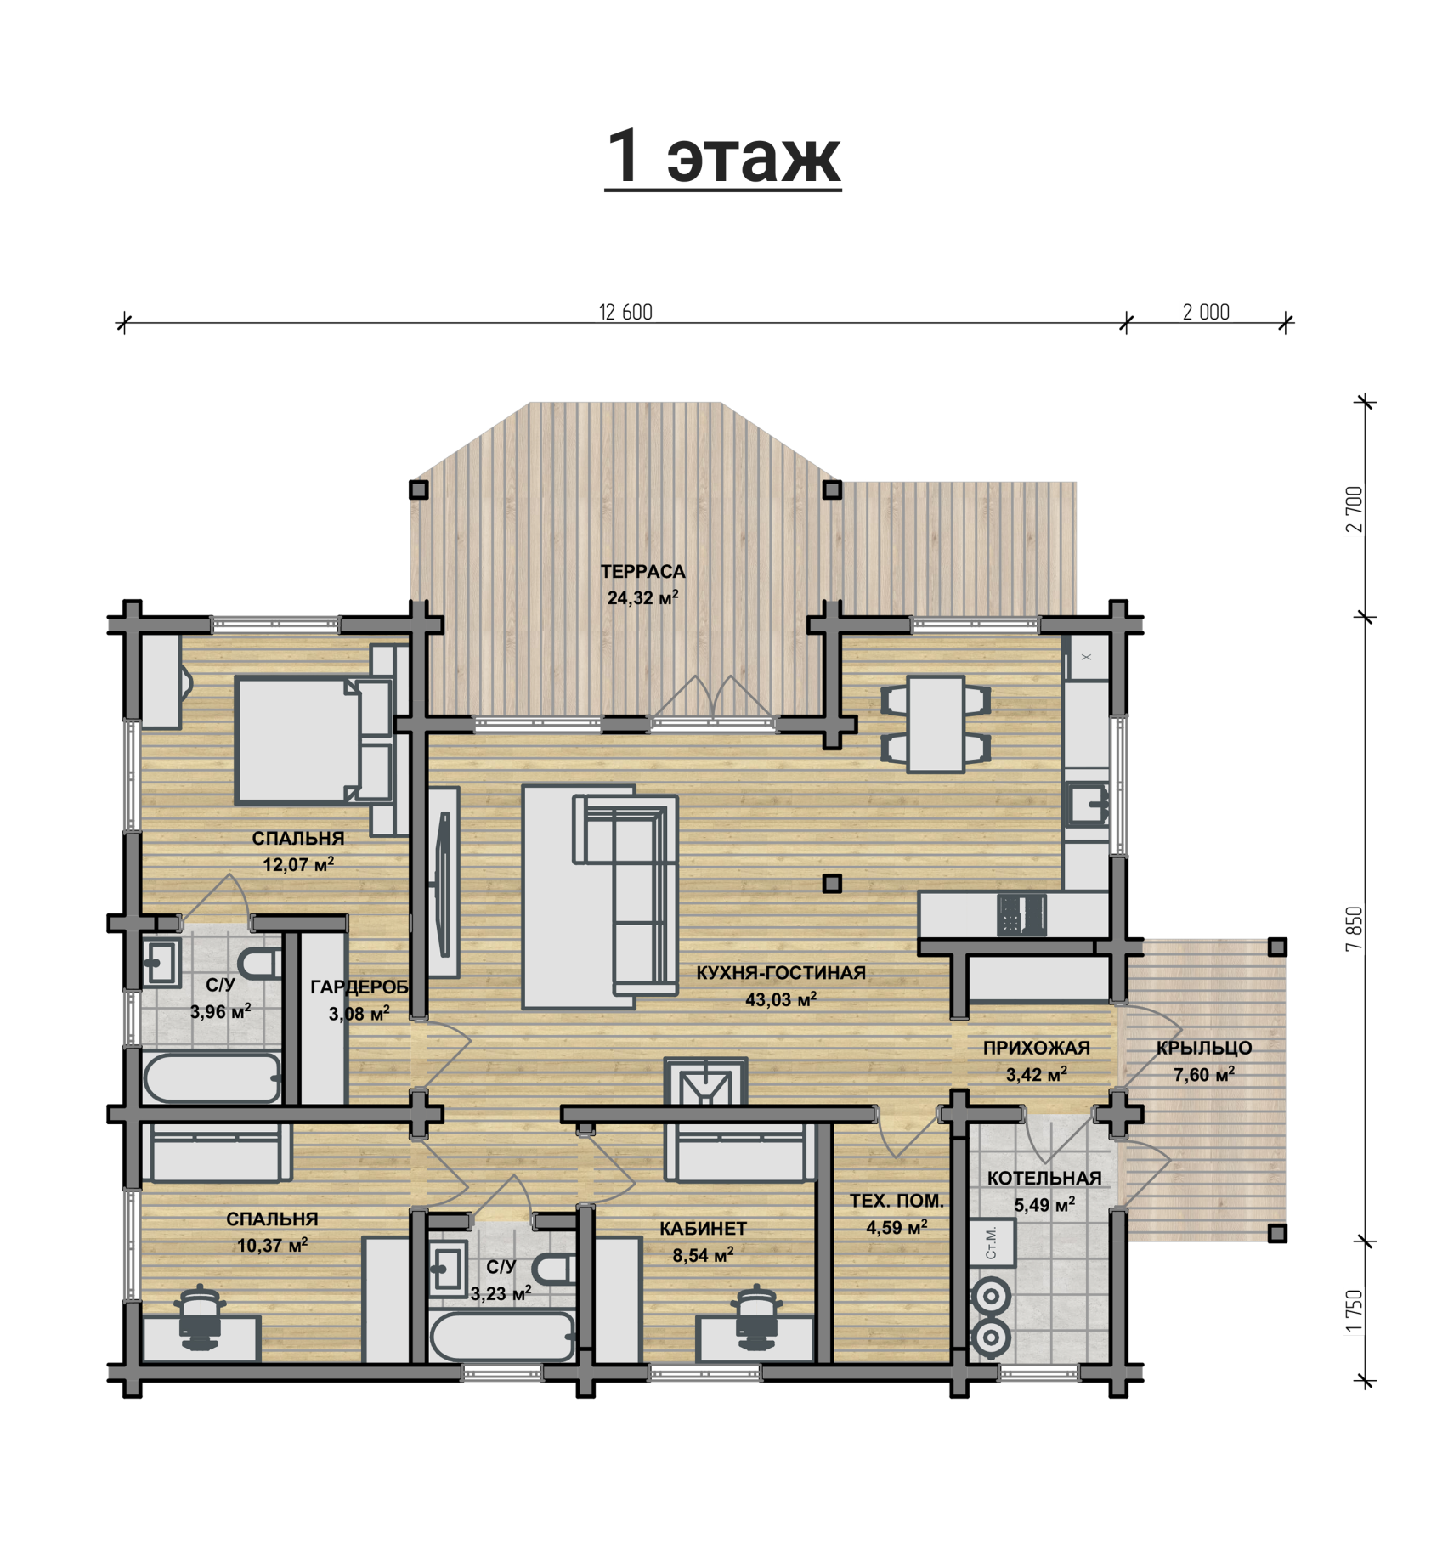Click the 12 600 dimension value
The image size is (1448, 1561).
[x=625, y=313]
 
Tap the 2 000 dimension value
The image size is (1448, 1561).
[x=1206, y=313]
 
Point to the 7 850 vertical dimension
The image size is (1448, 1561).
[x=1355, y=929]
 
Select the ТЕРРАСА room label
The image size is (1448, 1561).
[x=642, y=572]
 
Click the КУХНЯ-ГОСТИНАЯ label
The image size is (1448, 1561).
[x=781, y=973]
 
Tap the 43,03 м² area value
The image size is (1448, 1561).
[x=781, y=1000]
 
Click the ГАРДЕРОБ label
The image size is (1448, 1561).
[x=359, y=987]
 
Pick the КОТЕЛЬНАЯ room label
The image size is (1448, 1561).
[x=1044, y=1179]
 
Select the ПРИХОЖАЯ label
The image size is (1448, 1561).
[x=1037, y=1049]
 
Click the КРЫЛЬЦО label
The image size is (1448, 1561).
[x=1204, y=1049]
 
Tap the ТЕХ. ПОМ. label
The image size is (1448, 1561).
[x=897, y=1202]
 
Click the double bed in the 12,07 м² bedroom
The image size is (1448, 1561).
[x=297, y=740]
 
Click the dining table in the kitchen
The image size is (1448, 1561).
[x=936, y=724]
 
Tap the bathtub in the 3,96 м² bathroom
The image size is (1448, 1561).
[x=212, y=1078]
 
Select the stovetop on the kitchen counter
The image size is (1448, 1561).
[x=1021, y=916]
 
